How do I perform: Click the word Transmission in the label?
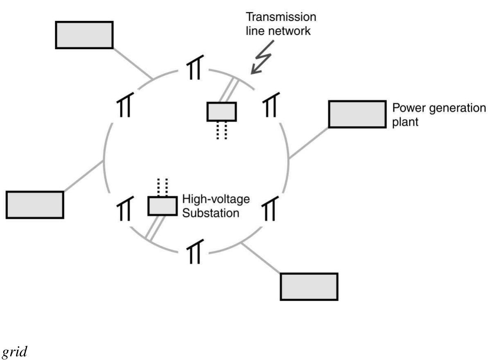(x=281, y=18)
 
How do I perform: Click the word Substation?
(x=211, y=213)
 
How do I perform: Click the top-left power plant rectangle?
(x=84, y=35)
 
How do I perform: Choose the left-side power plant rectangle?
(x=35, y=204)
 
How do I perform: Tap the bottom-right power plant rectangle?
(x=309, y=287)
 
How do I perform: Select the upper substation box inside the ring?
(x=222, y=111)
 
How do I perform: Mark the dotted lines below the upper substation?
(x=222, y=130)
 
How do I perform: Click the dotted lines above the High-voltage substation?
(x=163, y=187)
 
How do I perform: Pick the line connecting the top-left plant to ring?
(x=132, y=63)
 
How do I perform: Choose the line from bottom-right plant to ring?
(x=261, y=258)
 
